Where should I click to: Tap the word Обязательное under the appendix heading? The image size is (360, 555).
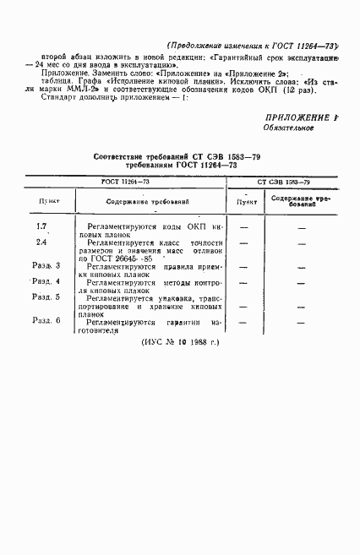pos(287,129)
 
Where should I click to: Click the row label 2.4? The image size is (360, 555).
pos(42,242)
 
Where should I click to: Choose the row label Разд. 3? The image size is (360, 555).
pos(44,266)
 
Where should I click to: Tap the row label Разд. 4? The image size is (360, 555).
pos(44,281)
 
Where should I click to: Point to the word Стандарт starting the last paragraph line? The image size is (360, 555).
pos(57,95)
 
